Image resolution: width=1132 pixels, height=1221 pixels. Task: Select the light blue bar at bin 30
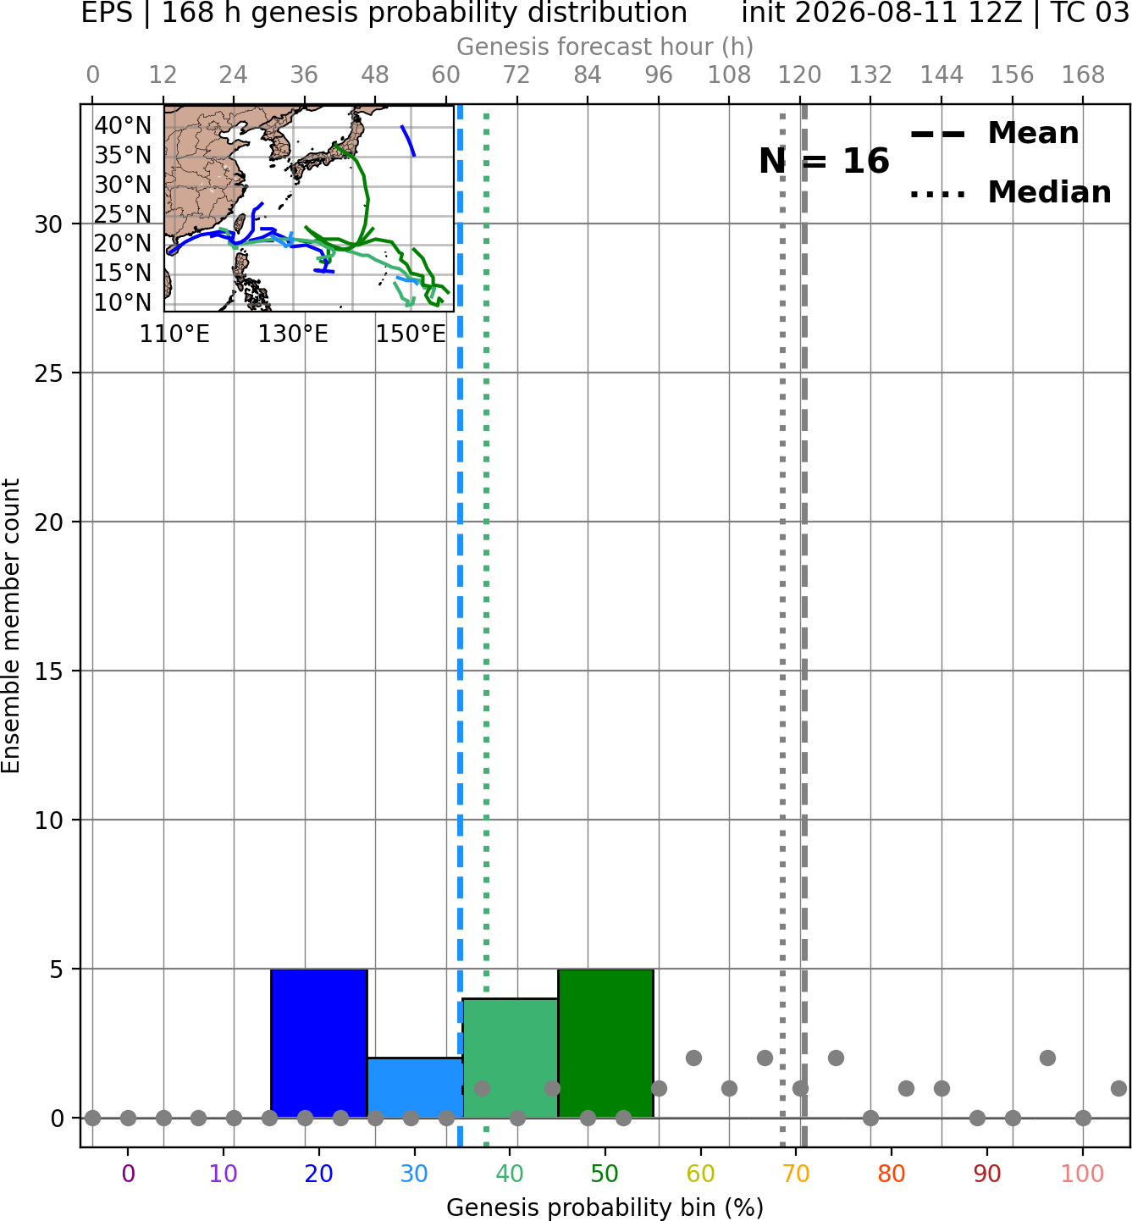(x=415, y=1087)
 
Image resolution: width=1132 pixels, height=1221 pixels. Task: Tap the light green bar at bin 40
(x=511, y=1058)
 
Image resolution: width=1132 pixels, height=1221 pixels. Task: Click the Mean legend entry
(x=994, y=134)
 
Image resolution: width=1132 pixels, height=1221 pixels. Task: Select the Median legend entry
(x=1010, y=192)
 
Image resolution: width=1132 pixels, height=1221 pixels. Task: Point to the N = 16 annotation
(x=824, y=161)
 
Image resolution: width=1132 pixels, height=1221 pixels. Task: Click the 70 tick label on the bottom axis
(x=796, y=1174)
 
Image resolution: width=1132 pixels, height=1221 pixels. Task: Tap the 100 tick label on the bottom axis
(x=1083, y=1174)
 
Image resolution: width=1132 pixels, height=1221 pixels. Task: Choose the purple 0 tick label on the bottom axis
(x=128, y=1174)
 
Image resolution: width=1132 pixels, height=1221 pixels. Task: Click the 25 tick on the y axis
(x=49, y=373)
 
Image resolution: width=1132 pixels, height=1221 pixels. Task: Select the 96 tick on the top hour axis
(x=659, y=75)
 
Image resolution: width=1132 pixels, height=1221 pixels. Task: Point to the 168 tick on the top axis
(x=1083, y=75)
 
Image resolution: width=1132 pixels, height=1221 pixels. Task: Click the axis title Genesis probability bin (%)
(x=605, y=1207)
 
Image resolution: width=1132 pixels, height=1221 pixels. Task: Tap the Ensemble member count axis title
(x=11, y=626)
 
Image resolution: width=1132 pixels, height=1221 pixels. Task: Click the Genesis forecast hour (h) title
(x=605, y=47)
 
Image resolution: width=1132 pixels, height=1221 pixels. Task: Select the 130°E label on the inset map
(x=293, y=334)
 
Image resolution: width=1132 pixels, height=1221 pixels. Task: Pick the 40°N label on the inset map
(x=123, y=125)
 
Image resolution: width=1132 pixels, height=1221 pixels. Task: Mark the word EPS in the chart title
(x=107, y=13)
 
